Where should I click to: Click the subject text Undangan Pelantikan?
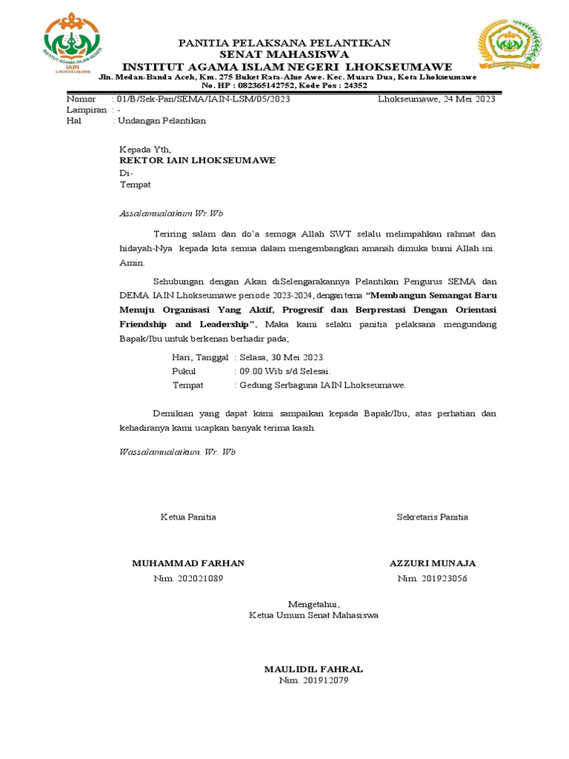[162, 120]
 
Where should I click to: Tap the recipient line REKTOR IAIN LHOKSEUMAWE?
[197, 160]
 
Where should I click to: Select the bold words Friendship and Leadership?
[188, 325]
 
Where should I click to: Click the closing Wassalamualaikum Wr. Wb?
[177, 451]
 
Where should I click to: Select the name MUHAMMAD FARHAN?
[188, 563]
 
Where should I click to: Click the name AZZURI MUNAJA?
[433, 563]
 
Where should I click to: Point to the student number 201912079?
[324, 680]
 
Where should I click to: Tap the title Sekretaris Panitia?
[433, 517]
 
